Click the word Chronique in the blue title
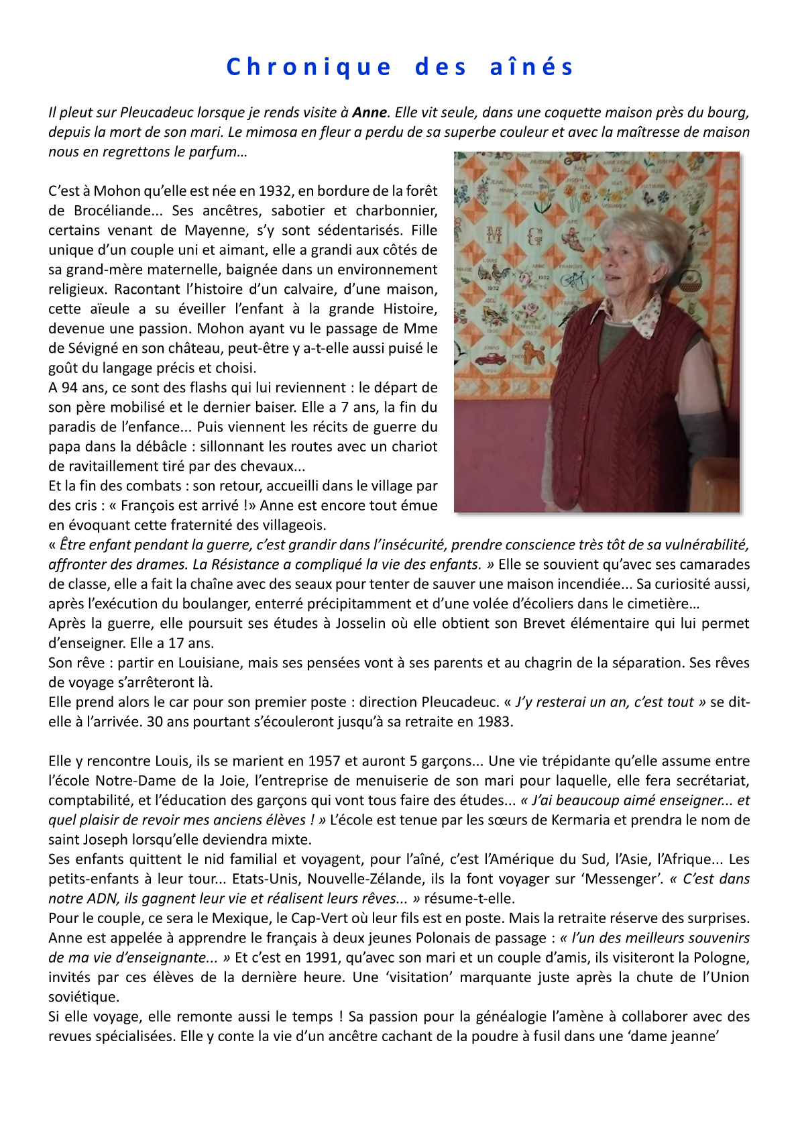(308, 67)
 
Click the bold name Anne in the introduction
(370, 112)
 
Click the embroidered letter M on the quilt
(494, 234)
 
